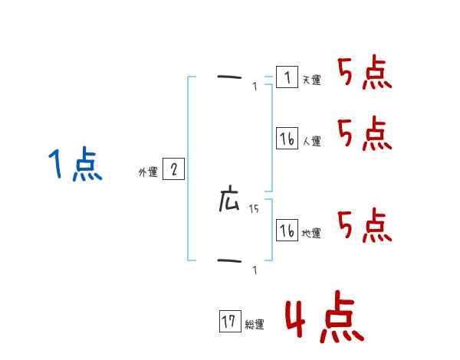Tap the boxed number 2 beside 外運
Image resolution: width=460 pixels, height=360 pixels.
point(173,169)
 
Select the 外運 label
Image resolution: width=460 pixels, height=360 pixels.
point(148,172)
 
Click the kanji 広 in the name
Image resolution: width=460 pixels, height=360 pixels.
point(229,201)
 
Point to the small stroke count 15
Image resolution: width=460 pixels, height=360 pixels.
point(254,209)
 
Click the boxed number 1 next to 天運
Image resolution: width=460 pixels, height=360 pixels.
point(287,77)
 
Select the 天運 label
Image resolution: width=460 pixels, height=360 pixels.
point(311,80)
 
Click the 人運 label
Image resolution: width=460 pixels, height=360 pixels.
point(311,141)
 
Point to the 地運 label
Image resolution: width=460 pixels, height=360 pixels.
point(311,233)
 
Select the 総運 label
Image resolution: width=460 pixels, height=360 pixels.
point(255,324)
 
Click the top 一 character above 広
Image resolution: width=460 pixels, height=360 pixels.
point(229,77)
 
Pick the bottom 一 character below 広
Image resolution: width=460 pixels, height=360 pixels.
point(229,261)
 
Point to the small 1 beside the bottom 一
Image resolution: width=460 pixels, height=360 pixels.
point(255,270)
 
